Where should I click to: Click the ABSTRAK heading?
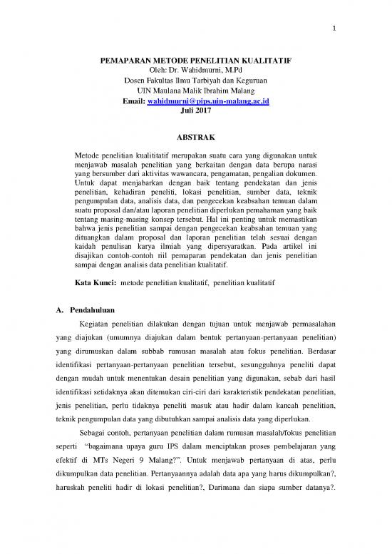[x=195, y=136]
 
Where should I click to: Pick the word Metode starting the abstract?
[x=89, y=155]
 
